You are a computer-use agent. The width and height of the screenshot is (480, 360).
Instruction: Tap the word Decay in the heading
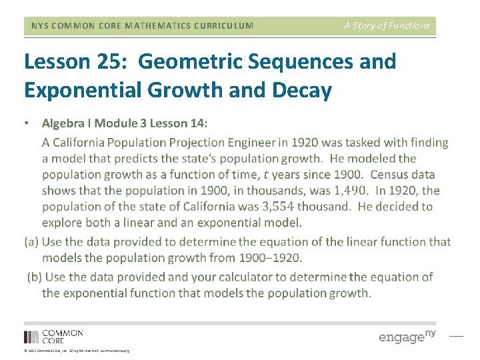[301, 90]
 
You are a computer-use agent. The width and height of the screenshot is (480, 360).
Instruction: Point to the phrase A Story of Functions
[387, 25]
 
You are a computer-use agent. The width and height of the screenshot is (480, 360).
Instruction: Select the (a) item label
[31, 242]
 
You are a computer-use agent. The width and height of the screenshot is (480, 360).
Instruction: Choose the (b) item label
[35, 277]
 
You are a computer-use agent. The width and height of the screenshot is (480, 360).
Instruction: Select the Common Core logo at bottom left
[53, 336]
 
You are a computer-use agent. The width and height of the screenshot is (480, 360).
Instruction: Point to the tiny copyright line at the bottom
[77, 350]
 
